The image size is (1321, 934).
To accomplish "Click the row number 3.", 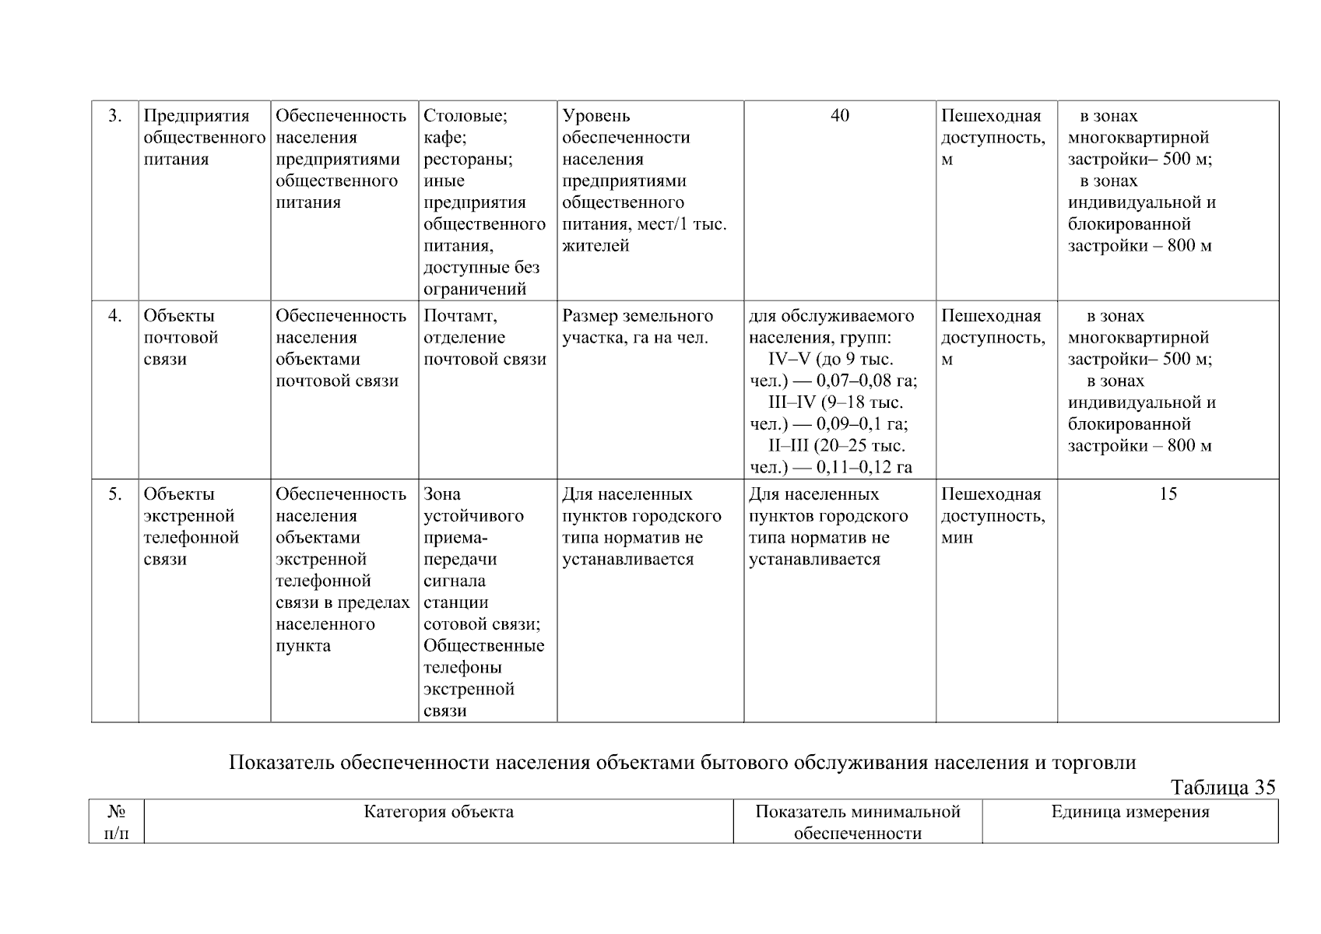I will point(115,116).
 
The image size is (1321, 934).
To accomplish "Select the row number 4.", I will point(115,316).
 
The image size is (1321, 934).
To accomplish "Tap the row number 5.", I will point(115,494).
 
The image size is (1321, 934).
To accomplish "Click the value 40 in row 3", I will point(840,116).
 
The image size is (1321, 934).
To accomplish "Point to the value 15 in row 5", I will point(1168,494).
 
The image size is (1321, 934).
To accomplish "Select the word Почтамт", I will point(460,316).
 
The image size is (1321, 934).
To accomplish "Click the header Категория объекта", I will point(438,813).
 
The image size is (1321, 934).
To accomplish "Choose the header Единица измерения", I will point(1130,813).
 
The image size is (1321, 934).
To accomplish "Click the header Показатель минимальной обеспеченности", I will point(858,823).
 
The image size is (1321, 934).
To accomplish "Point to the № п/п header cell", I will point(116,823).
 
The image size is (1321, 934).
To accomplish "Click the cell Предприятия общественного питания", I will point(204,138).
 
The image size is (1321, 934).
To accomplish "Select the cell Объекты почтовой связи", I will point(181,338).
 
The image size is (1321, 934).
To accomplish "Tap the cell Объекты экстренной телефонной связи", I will point(191,527).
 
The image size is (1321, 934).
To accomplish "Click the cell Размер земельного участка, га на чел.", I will point(637,327).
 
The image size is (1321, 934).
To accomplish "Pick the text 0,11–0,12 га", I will point(863,468).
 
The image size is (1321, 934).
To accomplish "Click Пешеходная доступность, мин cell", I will point(993,516).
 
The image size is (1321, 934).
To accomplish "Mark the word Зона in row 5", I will point(442,494).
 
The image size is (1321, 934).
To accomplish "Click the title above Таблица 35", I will point(682,763).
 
